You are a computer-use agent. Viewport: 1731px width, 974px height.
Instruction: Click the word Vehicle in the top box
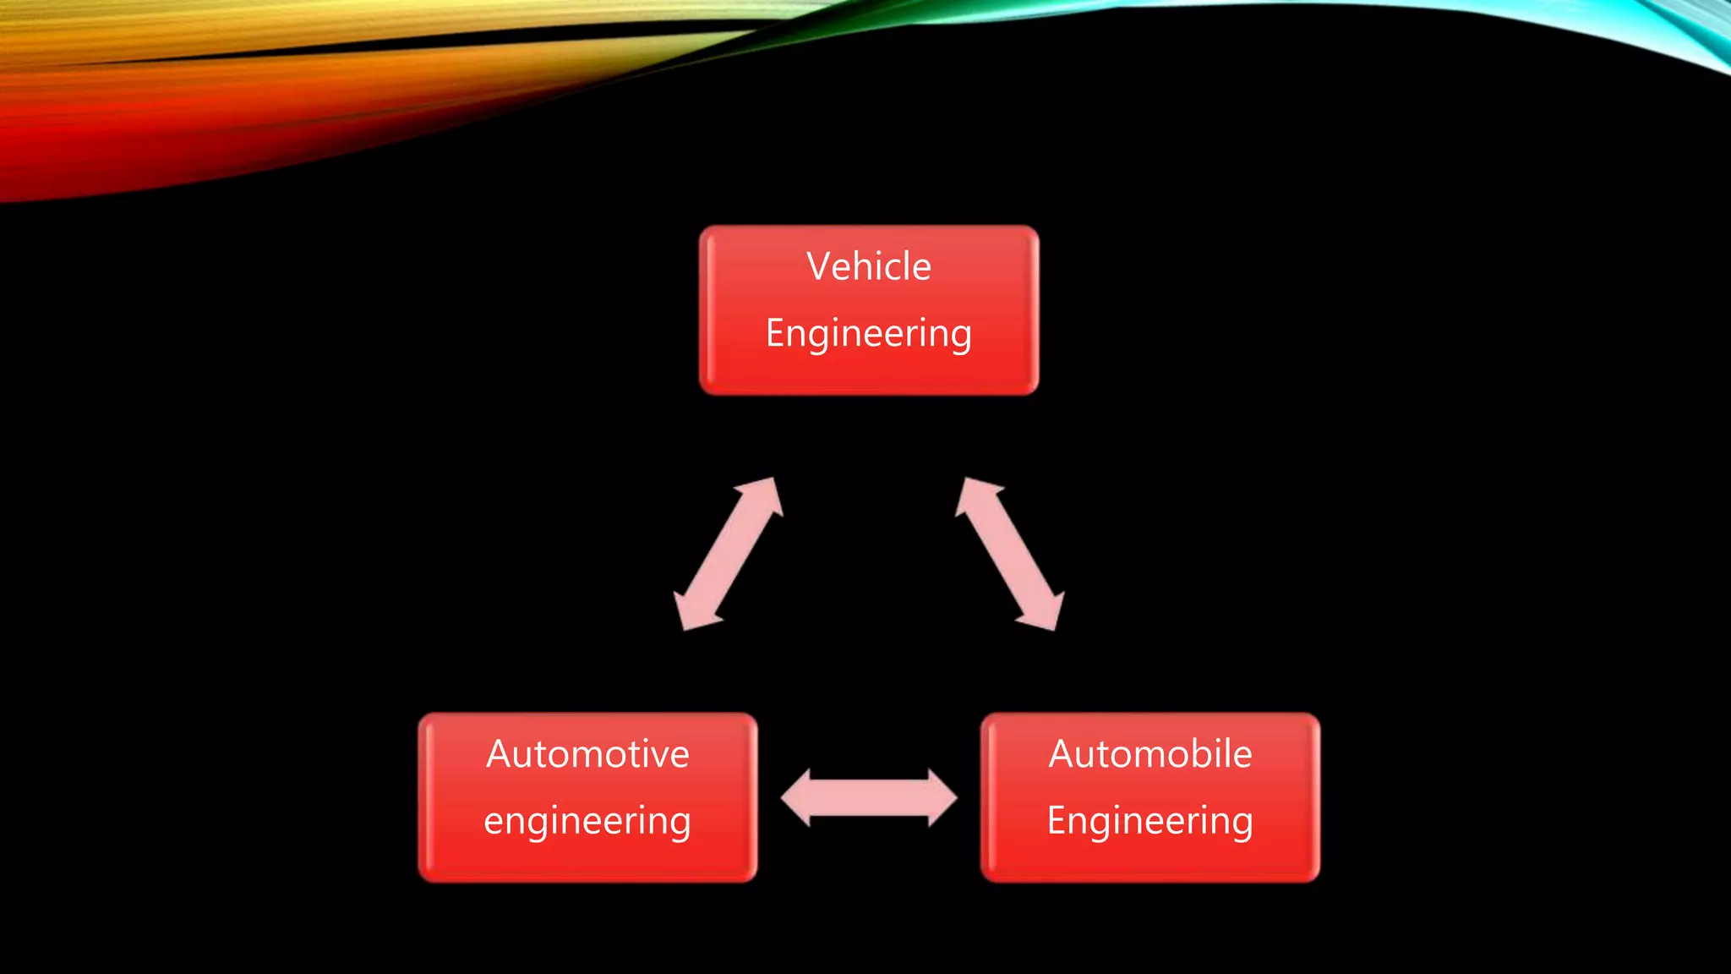[868, 266]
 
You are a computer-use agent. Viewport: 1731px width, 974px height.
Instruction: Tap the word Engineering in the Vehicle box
[868, 333]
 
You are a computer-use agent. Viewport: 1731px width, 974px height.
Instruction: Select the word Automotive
[587, 753]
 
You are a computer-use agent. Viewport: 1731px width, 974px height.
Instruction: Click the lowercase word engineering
[587, 821]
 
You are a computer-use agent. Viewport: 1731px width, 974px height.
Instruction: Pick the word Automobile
[1149, 753]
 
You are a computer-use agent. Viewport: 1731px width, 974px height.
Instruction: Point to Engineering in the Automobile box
[1149, 820]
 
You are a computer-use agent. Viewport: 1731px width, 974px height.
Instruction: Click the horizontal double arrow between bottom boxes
[869, 797]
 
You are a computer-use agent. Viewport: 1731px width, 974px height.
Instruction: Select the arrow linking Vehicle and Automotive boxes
[729, 554]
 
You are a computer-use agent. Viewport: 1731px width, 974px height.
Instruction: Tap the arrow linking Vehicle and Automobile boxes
[1009, 554]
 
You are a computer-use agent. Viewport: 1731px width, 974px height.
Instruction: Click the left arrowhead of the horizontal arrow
[797, 797]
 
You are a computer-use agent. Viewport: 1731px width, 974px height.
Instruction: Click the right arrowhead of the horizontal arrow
[942, 797]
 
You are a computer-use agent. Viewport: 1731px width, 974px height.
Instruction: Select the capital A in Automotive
[500, 753]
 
